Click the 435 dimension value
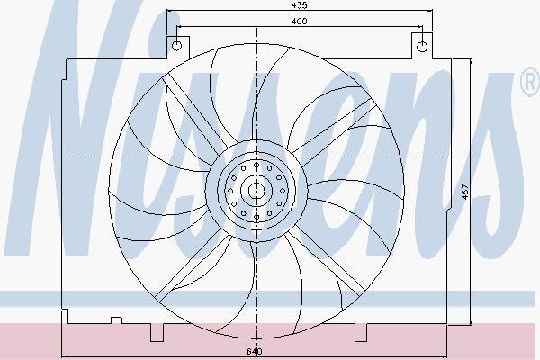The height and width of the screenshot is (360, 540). tap(300, 5)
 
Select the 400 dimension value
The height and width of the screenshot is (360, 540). tap(300, 22)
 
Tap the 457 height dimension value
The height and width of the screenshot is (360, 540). tap(465, 192)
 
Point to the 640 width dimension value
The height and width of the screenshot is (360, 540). tap(255, 351)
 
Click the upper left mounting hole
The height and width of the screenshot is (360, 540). tap(176, 46)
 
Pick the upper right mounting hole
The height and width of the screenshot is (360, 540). tap(422, 46)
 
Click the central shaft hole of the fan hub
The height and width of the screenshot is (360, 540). tap(256, 191)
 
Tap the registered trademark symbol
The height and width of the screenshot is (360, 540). tap(530, 82)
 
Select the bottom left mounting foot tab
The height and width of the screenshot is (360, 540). tap(157, 332)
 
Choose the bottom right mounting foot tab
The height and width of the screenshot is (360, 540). tap(361, 332)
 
